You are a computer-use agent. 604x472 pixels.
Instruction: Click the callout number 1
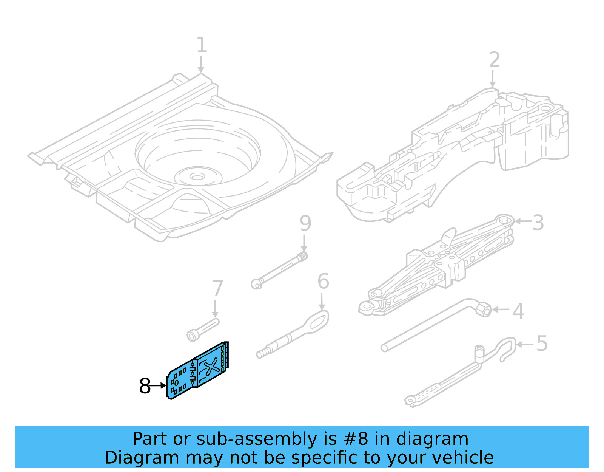202,45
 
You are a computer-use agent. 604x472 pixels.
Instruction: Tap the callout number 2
494,60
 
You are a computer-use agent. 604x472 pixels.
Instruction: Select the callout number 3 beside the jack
538,223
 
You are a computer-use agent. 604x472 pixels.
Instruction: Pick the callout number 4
518,311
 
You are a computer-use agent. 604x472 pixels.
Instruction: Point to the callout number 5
542,344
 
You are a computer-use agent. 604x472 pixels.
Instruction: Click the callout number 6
323,281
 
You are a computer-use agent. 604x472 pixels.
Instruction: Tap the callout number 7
217,289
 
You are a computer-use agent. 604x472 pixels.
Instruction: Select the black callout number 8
145,386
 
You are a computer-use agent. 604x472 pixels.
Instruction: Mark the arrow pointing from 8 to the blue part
158,386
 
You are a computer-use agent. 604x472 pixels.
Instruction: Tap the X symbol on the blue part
211,366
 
